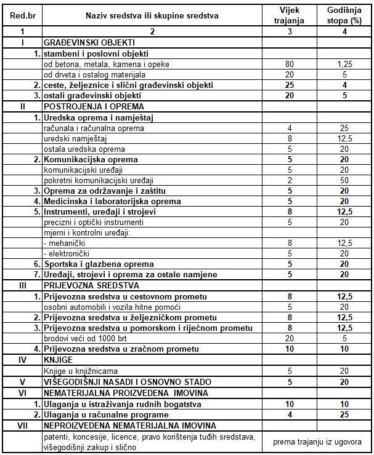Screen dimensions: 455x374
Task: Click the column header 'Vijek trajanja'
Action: coord(289,15)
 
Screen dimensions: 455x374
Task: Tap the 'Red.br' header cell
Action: coord(22,15)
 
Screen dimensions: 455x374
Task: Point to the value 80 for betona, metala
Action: coord(289,64)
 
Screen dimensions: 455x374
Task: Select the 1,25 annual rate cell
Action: coord(345,64)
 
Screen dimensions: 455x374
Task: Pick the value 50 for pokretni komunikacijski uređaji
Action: coord(345,180)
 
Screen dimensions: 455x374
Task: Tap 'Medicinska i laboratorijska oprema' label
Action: coord(112,201)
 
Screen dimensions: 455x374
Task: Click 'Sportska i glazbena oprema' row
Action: coord(98,264)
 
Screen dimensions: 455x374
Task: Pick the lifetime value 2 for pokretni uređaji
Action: coord(289,180)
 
